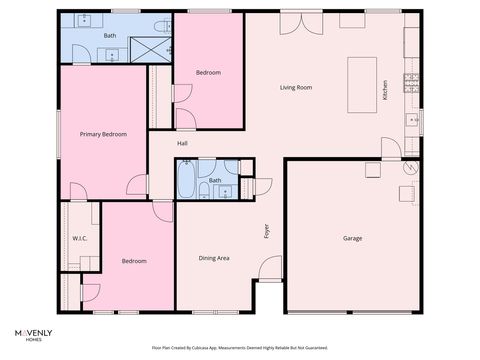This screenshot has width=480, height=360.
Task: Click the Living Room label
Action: click(295, 88)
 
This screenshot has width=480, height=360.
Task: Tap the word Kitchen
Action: click(385, 90)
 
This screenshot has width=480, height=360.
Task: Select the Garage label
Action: click(352, 238)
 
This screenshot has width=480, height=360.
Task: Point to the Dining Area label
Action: click(214, 258)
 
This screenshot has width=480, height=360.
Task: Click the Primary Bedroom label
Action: click(103, 133)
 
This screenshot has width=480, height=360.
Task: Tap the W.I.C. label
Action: click(80, 238)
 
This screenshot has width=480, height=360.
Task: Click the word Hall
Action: click(183, 143)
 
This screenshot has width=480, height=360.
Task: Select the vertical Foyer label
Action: click(267, 231)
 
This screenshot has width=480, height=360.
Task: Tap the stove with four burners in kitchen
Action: click(410, 83)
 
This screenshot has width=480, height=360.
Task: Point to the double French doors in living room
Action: click(295, 23)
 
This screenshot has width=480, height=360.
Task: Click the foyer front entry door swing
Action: click(270, 268)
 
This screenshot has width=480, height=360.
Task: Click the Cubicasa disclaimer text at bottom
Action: click(239, 347)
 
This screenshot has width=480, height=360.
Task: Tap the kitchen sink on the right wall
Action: click(411, 121)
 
